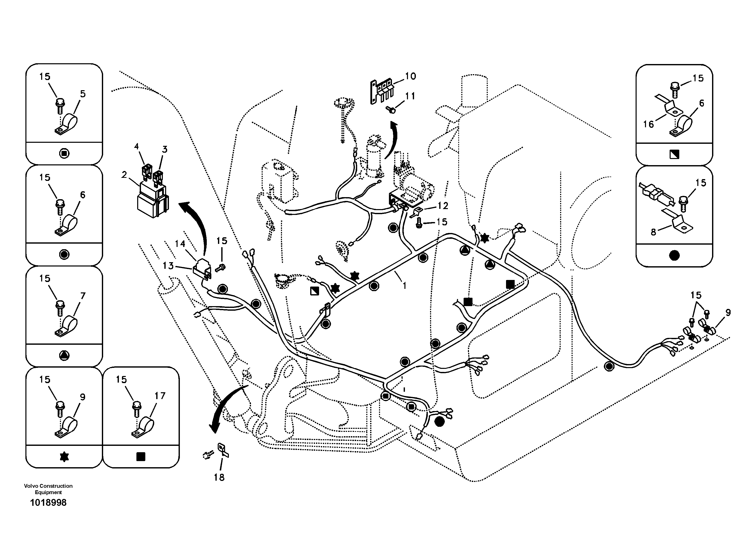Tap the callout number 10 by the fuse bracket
pos(410,76)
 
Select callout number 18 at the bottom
pos(219,477)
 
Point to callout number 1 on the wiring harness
pos(405,286)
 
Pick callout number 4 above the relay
pos(137,147)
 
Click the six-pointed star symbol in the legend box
pos(64,457)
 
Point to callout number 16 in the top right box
pos(648,124)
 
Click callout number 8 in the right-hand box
pos(653,232)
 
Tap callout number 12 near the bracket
pos(443,206)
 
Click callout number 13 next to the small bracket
pos(168,266)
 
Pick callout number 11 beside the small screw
pos(410,96)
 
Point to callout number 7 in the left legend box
pos(83,296)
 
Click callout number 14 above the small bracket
pos(180,244)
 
